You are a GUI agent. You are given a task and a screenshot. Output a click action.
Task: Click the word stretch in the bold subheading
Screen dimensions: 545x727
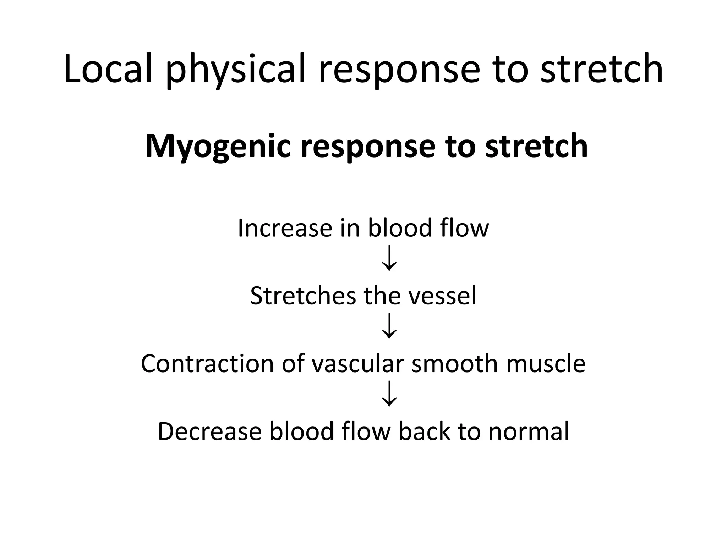pyautogui.click(x=536, y=146)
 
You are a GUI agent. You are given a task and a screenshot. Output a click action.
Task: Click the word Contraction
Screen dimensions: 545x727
pyautogui.click(x=207, y=364)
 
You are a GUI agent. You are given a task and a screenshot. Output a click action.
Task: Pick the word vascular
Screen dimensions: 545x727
pyautogui.click(x=358, y=364)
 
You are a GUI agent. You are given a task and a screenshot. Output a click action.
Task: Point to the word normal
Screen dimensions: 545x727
pyautogui.click(x=529, y=431)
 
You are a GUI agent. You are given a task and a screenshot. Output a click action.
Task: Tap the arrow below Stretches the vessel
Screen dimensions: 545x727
pyautogui.click(x=389, y=326)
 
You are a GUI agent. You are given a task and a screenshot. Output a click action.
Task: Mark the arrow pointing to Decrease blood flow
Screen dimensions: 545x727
pyautogui.click(x=389, y=393)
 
